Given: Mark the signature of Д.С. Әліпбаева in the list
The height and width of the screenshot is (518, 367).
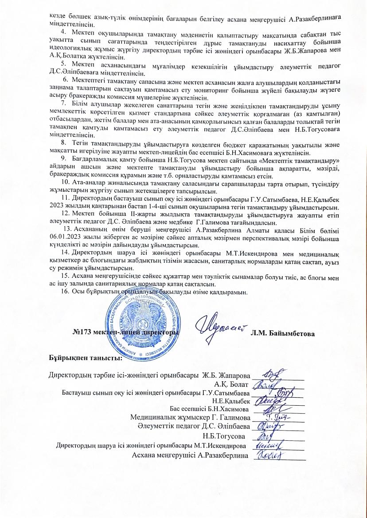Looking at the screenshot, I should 269,426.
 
